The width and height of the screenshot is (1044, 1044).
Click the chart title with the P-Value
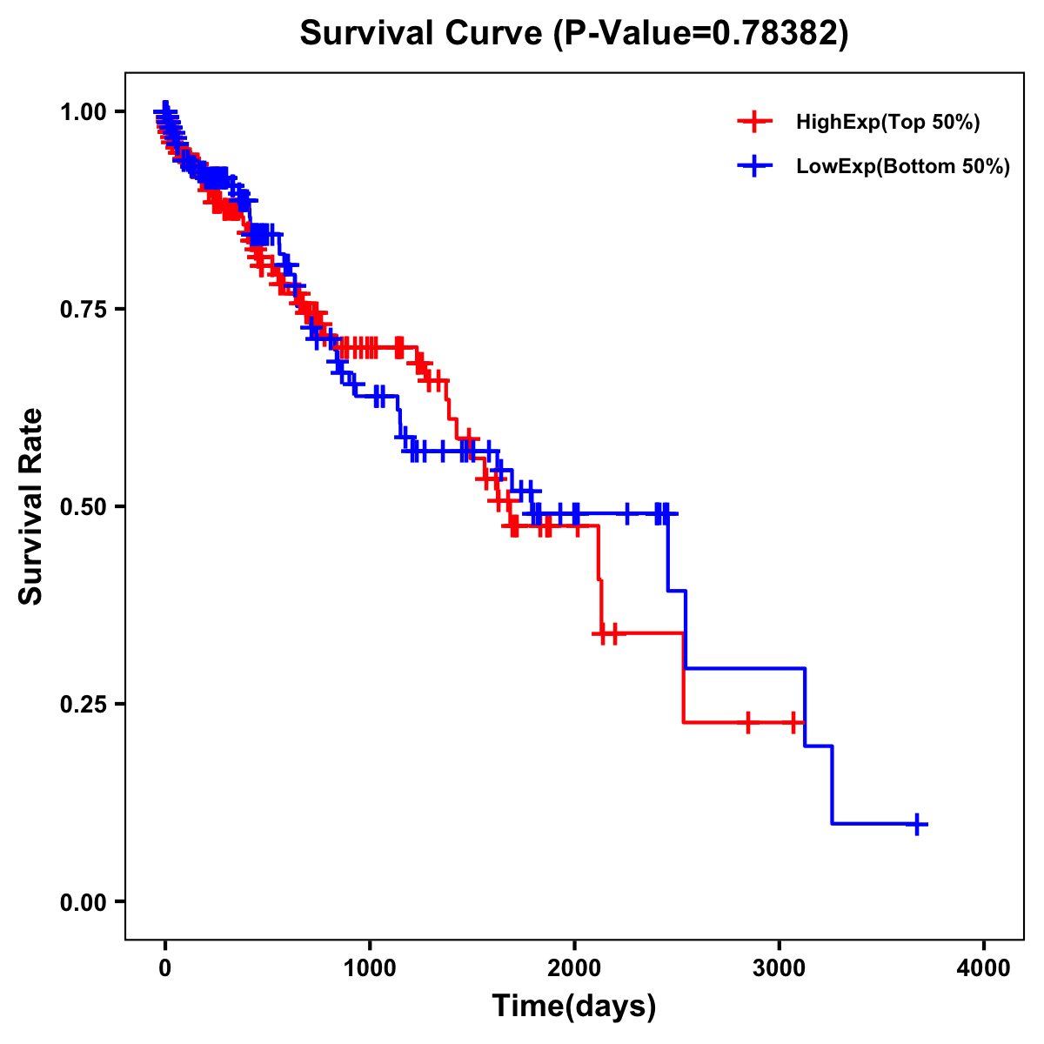click(573, 34)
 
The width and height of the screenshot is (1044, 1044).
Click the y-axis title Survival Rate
click(31, 506)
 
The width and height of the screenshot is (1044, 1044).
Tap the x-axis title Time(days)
click(574, 1006)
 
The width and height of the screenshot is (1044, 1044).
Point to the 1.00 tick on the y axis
click(84, 111)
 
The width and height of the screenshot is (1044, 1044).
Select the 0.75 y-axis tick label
click(84, 309)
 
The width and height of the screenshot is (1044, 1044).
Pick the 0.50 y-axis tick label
click(84, 506)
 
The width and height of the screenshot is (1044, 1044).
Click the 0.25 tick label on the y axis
click(84, 704)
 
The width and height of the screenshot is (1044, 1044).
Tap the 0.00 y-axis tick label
click(84, 901)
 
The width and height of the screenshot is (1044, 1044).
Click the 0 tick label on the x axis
click(165, 968)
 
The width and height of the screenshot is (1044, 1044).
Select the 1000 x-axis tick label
click(370, 968)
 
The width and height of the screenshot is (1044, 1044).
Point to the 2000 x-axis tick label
click(574, 968)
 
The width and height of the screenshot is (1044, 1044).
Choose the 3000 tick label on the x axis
click(780, 968)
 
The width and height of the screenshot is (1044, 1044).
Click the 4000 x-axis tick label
click(984, 968)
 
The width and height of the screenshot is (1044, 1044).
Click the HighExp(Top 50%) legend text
click(888, 123)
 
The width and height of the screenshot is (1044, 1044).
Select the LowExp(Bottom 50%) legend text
click(903, 166)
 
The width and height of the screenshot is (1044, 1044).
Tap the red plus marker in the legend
click(754, 123)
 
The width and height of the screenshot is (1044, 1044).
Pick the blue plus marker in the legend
click(754, 166)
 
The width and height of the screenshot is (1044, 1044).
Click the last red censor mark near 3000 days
click(793, 722)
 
